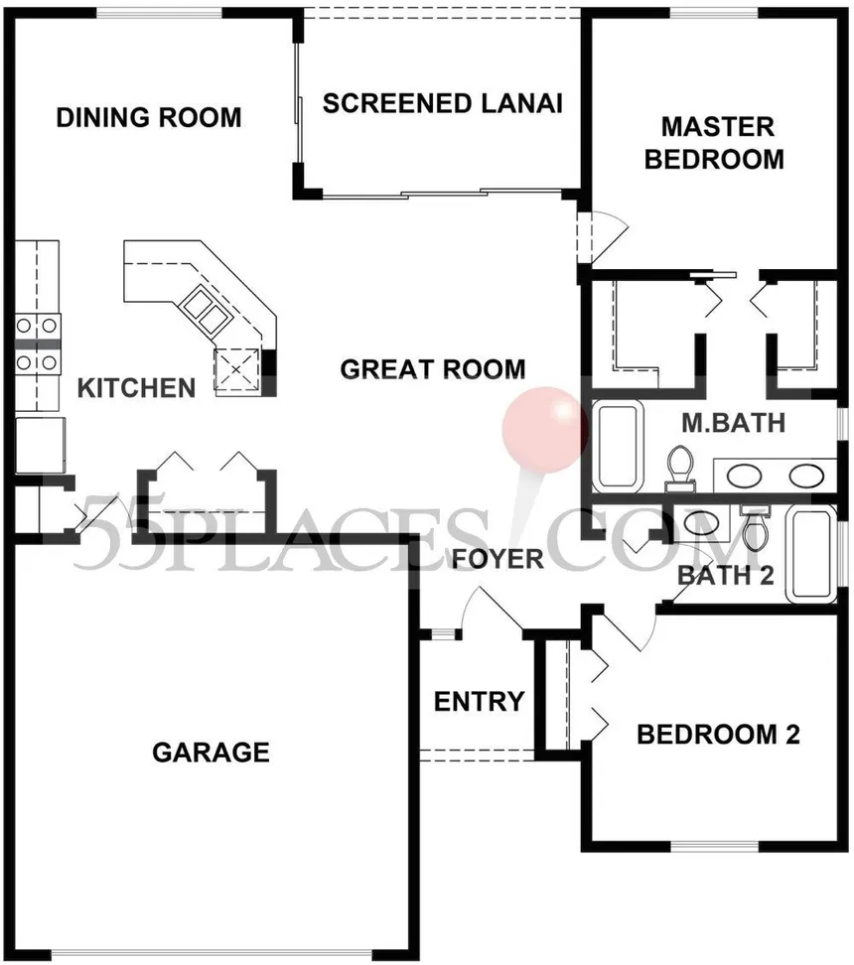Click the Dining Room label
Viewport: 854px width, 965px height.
pyautogui.click(x=149, y=117)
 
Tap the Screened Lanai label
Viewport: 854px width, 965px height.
pyautogui.click(x=443, y=103)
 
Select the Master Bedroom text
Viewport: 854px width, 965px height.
pyautogui.click(x=714, y=143)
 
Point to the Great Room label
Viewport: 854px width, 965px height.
pyautogui.click(x=433, y=368)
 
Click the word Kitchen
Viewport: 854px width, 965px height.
pyautogui.click(x=136, y=388)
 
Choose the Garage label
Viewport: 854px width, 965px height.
pyautogui.click(x=212, y=753)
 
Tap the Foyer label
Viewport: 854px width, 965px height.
pyautogui.click(x=498, y=559)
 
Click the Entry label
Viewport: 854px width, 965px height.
pyautogui.click(x=479, y=702)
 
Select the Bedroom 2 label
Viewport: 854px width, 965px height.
pyautogui.click(x=719, y=735)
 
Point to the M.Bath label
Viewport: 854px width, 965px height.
pyautogui.click(x=733, y=423)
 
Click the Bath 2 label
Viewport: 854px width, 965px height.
pyautogui.click(x=725, y=576)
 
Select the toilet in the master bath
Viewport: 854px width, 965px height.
pyautogui.click(x=680, y=469)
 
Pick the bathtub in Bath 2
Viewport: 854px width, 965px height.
pyautogui.click(x=811, y=554)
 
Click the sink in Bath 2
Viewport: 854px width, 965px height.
pyautogui.click(x=701, y=524)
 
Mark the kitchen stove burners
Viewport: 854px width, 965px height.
pyautogui.click(x=37, y=343)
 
